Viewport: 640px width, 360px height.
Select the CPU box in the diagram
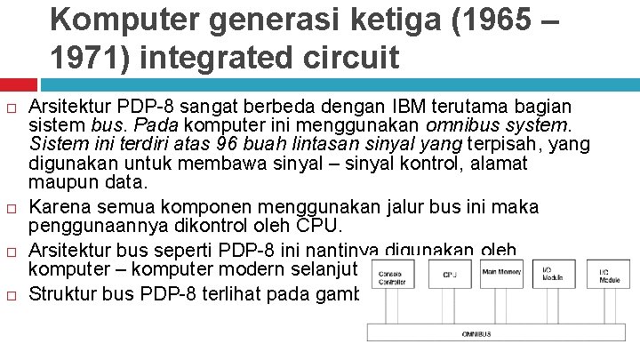(x=451, y=274)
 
